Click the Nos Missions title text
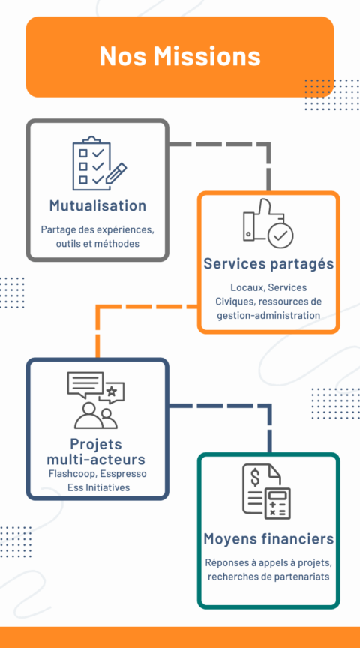(x=180, y=56)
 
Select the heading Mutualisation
(x=97, y=205)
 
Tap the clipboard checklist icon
(x=99, y=163)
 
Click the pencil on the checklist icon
(x=116, y=173)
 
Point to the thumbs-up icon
(x=258, y=220)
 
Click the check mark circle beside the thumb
(x=280, y=235)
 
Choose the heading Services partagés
(x=268, y=264)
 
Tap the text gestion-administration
(x=268, y=315)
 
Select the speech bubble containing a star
(x=112, y=391)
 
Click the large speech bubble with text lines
(x=85, y=384)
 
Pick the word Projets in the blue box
(x=96, y=444)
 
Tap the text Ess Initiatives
(x=99, y=487)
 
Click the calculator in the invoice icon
(x=277, y=503)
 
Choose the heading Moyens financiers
(x=268, y=539)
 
